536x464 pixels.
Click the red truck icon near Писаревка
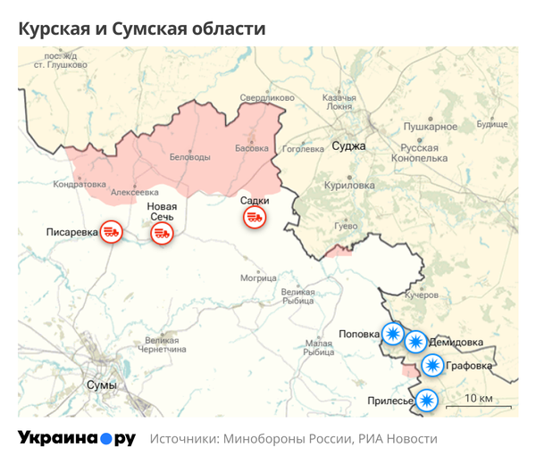point(111,232)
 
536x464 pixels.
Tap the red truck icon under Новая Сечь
point(162,233)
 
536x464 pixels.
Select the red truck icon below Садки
point(254,217)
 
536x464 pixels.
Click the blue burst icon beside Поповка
point(392,333)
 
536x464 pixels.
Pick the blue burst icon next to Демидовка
point(415,342)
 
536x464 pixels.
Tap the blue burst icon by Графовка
point(432,364)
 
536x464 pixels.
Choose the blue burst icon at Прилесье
point(428,400)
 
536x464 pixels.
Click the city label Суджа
point(348,145)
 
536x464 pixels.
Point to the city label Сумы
point(101,385)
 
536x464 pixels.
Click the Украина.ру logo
point(77,438)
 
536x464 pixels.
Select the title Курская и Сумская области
point(142,29)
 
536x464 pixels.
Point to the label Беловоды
point(190,157)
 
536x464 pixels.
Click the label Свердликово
point(267,97)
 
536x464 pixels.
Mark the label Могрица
point(259,278)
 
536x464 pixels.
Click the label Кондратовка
point(80,185)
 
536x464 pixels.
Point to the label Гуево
point(345,227)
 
